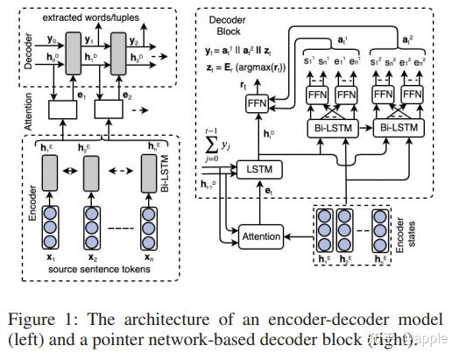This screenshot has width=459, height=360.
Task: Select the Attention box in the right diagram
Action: point(262,236)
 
